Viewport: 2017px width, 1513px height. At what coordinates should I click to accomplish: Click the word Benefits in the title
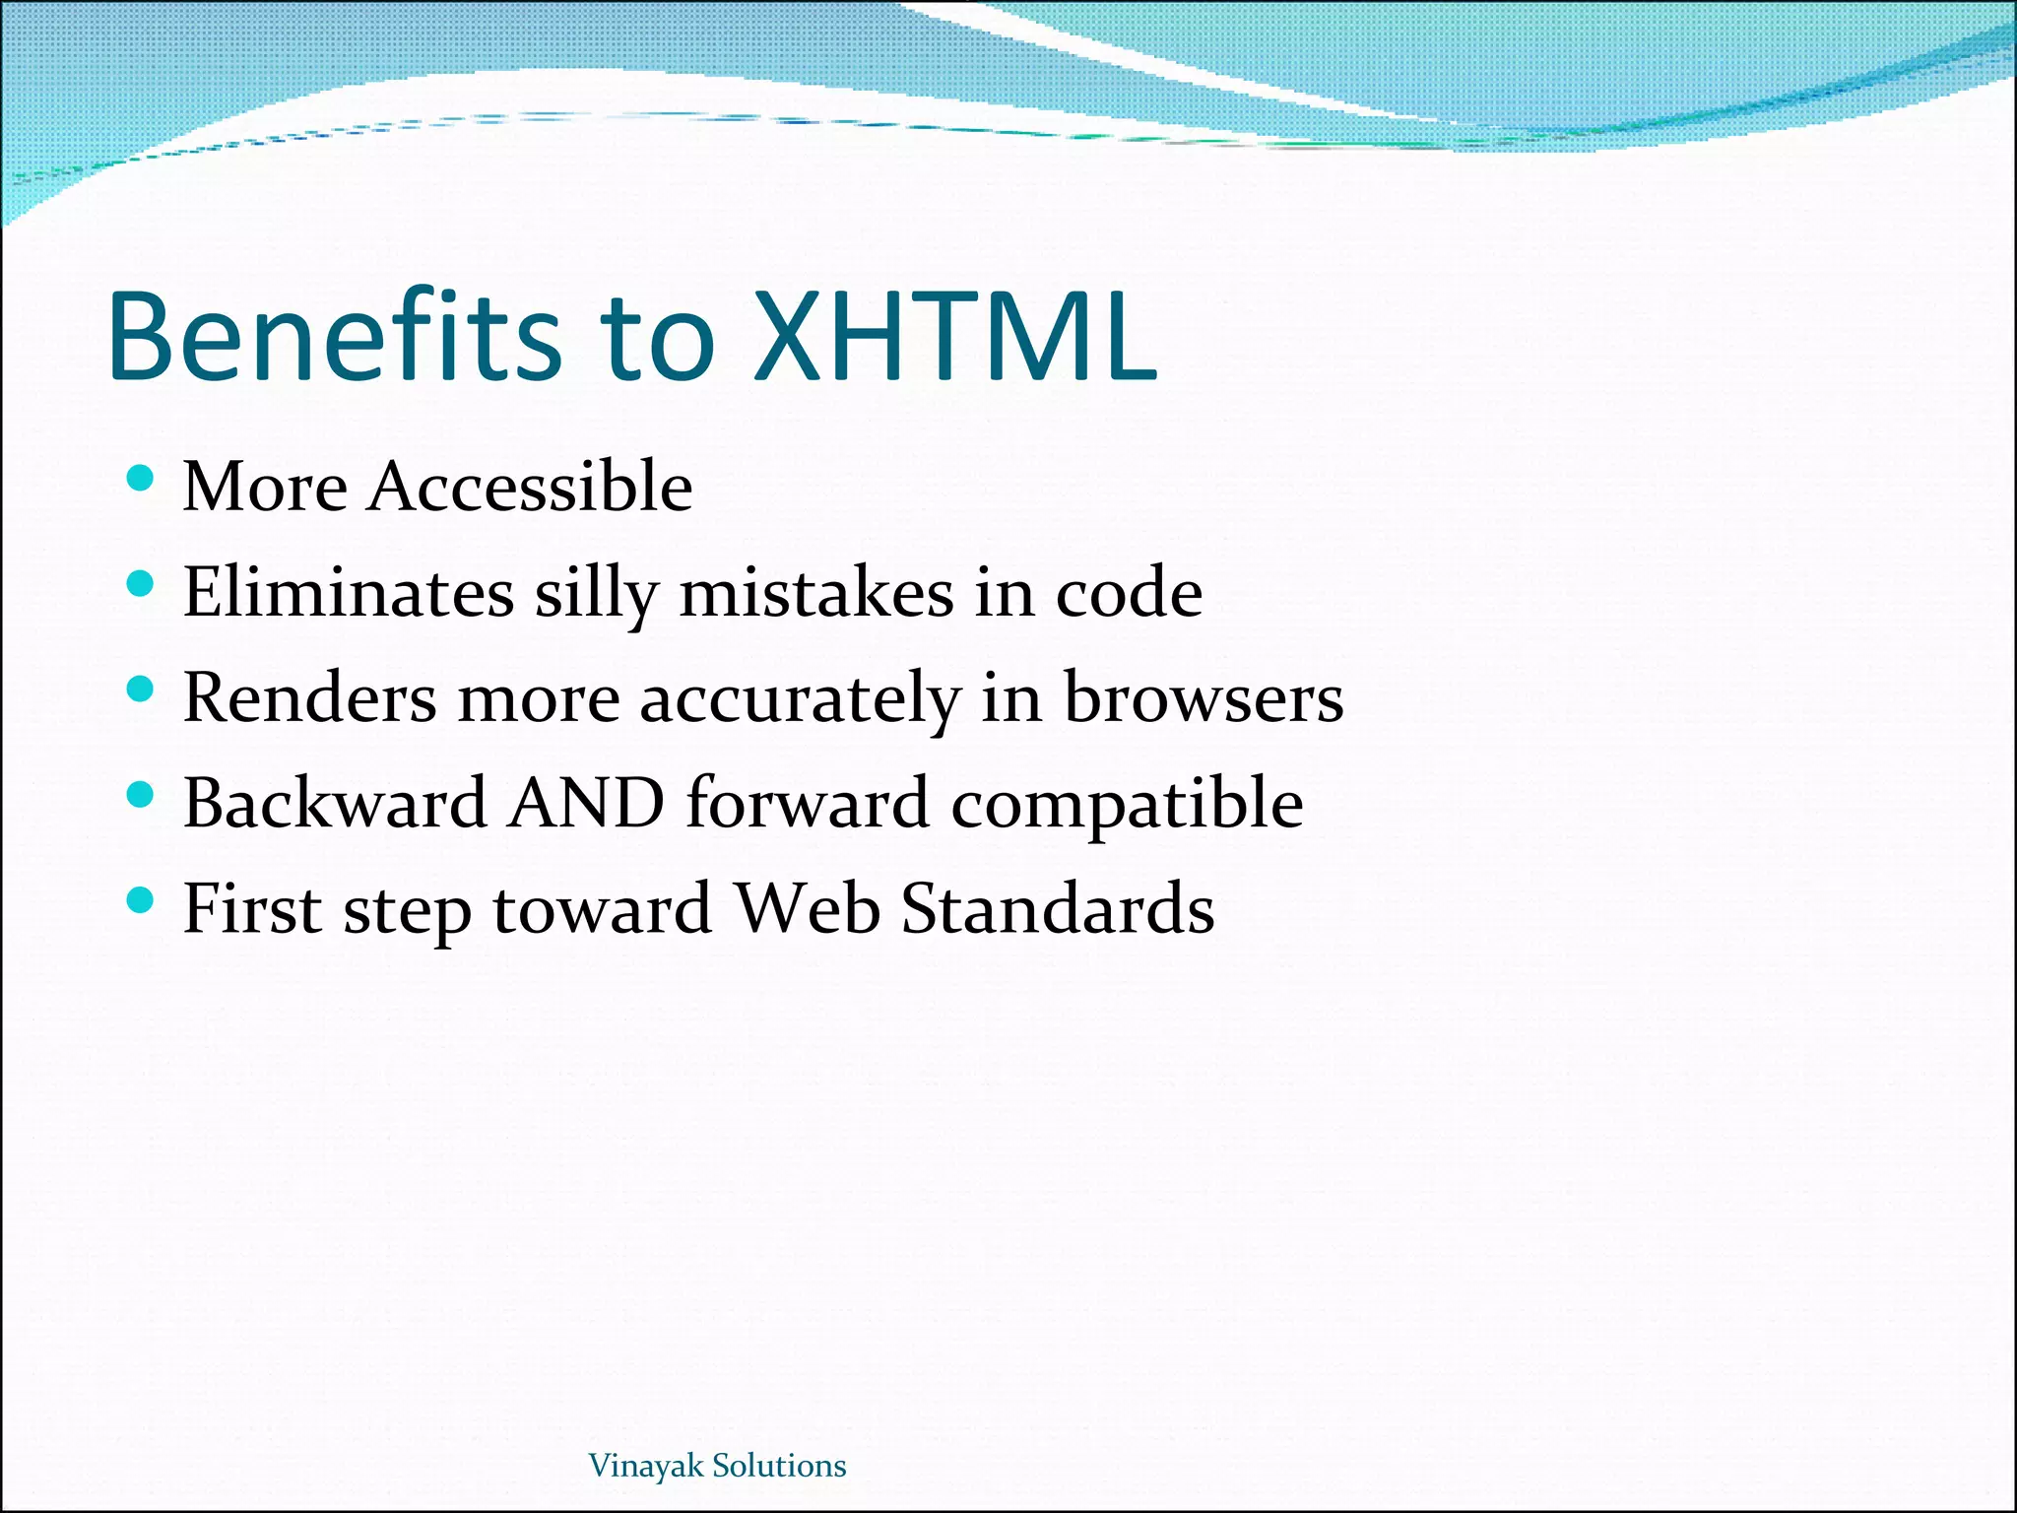[x=335, y=337]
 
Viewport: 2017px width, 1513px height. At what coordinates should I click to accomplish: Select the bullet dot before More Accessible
[x=141, y=479]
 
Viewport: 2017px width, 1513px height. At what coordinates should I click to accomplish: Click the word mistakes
[x=816, y=593]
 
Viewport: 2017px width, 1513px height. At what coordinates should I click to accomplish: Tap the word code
[x=1129, y=593]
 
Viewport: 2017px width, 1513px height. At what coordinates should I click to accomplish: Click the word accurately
[x=800, y=699]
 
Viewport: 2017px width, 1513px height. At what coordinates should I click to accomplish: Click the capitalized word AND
[x=587, y=803]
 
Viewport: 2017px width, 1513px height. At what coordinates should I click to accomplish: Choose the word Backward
[x=335, y=803]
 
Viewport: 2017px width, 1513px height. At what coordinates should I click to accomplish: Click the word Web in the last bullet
[x=808, y=908]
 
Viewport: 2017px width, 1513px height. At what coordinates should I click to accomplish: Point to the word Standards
[x=1058, y=908]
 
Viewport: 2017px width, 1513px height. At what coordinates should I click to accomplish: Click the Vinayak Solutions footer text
[x=717, y=1466]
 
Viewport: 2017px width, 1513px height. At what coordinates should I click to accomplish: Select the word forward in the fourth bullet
[x=808, y=803]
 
